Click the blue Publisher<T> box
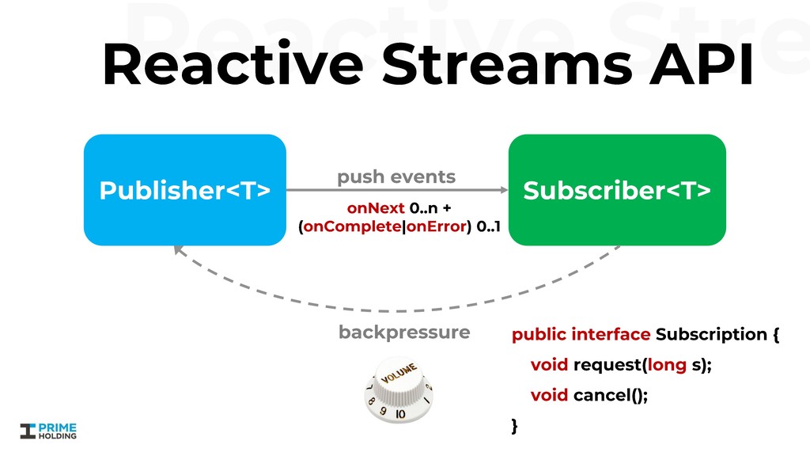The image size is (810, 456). (x=184, y=190)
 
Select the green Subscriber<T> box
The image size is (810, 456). (x=616, y=190)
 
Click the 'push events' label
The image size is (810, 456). (x=396, y=177)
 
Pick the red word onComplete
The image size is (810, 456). (x=354, y=228)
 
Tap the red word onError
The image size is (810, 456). (x=436, y=228)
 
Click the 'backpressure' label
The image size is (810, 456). (x=403, y=332)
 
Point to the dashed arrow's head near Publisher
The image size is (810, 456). (x=178, y=251)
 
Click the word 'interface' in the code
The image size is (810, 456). (x=610, y=334)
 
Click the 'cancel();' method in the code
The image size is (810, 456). (x=610, y=394)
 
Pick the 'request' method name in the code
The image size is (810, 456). (x=607, y=365)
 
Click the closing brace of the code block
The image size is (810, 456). (x=515, y=426)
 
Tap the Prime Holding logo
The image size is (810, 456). (x=48, y=430)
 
